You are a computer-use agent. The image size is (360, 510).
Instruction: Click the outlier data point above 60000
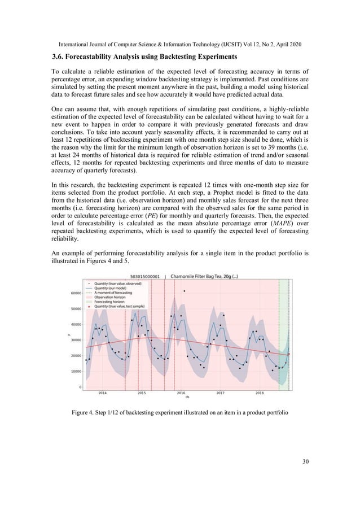click(185, 291)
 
